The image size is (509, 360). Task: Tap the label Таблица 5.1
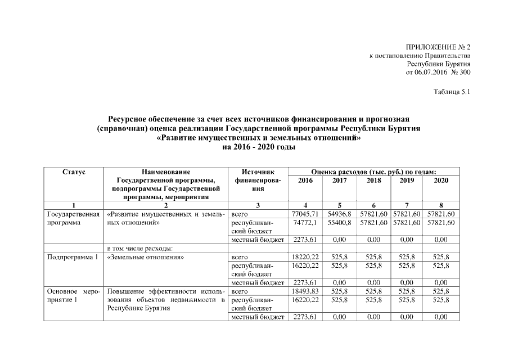pos(451,92)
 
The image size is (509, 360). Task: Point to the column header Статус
pos(73,172)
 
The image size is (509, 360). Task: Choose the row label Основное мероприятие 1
pos(73,296)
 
